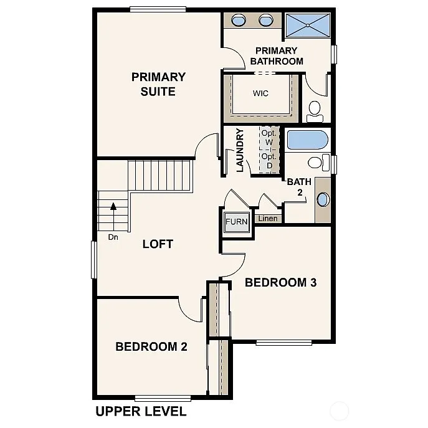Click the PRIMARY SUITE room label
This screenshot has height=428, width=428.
point(158,84)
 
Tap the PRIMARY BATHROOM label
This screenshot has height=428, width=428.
point(276,56)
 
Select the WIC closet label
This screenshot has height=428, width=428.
point(260,93)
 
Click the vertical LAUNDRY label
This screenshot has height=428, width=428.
point(239,150)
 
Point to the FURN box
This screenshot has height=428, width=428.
point(236,222)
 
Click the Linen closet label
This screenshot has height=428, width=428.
point(268,219)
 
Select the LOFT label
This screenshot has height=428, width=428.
point(158,244)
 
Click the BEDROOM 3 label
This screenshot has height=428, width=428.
point(280,282)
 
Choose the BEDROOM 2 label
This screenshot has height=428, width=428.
point(151,346)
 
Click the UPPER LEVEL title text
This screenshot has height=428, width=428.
point(140,411)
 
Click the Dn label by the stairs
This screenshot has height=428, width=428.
point(113,237)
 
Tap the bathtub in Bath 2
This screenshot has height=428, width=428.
point(307,140)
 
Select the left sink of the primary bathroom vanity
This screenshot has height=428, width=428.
point(239,21)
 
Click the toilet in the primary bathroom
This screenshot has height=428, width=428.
point(315,112)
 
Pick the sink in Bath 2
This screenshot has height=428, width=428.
point(322,200)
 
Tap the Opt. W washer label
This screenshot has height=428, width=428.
point(269,138)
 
